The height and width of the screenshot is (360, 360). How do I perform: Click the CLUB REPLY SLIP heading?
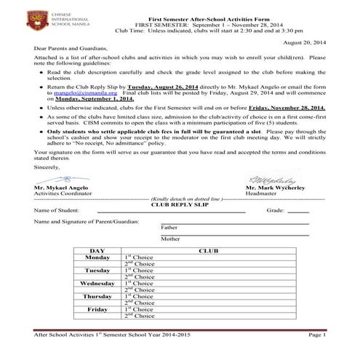180,205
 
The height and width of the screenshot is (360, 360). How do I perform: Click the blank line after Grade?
299,212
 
